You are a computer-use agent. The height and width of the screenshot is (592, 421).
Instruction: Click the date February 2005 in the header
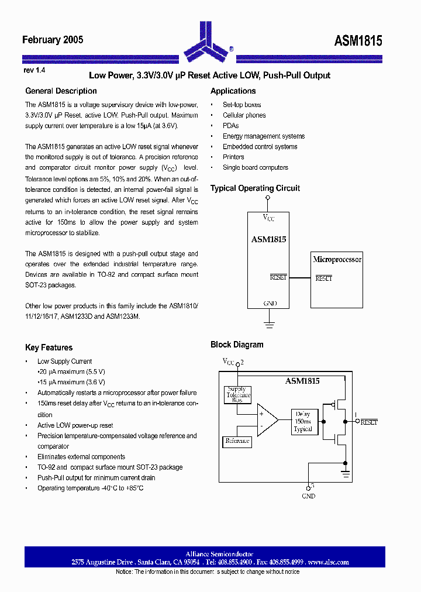pos(53,40)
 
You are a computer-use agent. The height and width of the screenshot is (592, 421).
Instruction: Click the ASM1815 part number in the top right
pos(358,40)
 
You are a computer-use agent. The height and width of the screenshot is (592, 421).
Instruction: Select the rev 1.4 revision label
pos(34,70)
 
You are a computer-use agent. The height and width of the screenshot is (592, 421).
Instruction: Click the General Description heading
pos(61,91)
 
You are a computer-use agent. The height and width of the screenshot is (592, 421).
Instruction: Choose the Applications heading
pos(233,91)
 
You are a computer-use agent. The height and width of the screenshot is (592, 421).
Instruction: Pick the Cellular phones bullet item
pos(244,115)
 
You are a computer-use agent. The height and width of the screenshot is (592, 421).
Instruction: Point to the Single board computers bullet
pos(255,167)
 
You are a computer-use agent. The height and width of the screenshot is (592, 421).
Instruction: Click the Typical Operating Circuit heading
pos(255,188)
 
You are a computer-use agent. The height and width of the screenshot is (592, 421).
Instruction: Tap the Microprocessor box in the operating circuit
pos(337,280)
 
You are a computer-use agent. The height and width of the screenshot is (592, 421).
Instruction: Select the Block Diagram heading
pos(237,345)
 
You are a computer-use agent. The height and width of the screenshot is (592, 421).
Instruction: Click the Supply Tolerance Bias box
pos(238,395)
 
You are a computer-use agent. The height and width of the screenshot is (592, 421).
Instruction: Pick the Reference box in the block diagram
pos(237,441)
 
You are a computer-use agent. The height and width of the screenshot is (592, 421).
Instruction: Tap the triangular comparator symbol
pos(267,420)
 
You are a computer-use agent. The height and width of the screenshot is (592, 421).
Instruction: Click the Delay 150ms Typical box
pos(303,421)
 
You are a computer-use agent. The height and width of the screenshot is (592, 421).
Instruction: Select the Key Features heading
pos(49,347)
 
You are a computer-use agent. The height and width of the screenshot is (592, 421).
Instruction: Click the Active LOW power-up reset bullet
pos(75,425)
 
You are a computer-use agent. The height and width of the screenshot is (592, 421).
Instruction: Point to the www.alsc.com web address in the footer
pos(329,562)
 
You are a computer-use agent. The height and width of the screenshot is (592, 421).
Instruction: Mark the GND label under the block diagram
pos(308,496)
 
